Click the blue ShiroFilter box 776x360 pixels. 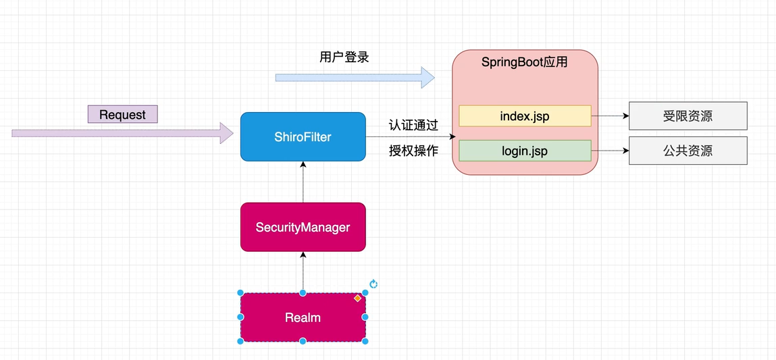[303, 137]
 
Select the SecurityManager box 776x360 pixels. [303, 228]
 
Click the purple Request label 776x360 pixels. [122, 114]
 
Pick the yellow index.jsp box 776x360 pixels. [525, 116]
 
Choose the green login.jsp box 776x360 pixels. [525, 151]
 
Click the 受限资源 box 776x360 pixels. [688, 116]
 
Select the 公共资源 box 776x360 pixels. [688, 151]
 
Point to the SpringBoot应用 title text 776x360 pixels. [524, 62]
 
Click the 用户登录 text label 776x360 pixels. [344, 57]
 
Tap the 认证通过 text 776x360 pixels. [413, 126]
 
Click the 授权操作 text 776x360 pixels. [413, 151]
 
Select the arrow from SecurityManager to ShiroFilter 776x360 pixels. [303, 182]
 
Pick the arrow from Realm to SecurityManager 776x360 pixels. [303, 272]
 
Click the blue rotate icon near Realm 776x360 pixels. [373, 284]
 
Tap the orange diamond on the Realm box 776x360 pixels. [358, 298]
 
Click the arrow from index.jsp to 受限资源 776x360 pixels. [610, 116]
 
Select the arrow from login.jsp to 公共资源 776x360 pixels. [610, 151]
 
